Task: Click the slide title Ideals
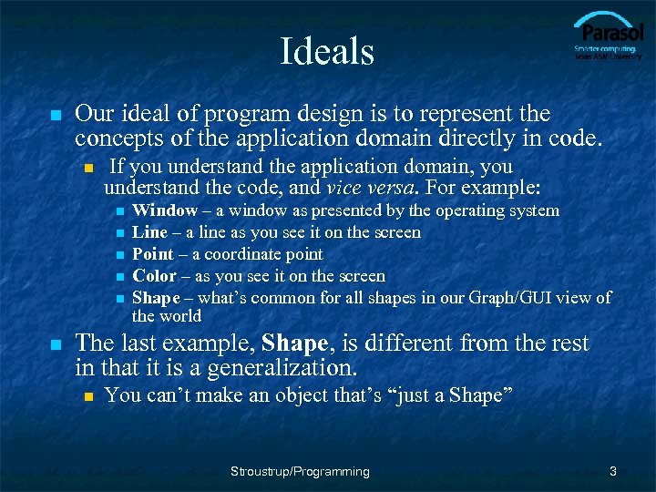327,51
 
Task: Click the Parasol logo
607,36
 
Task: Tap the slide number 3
613,471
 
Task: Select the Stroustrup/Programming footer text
300,471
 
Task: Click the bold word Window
165,210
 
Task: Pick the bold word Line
149,232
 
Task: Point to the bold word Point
153,254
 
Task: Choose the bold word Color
154,276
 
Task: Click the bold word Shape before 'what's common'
156,298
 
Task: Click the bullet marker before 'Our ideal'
56,117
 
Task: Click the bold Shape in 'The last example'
295,344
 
